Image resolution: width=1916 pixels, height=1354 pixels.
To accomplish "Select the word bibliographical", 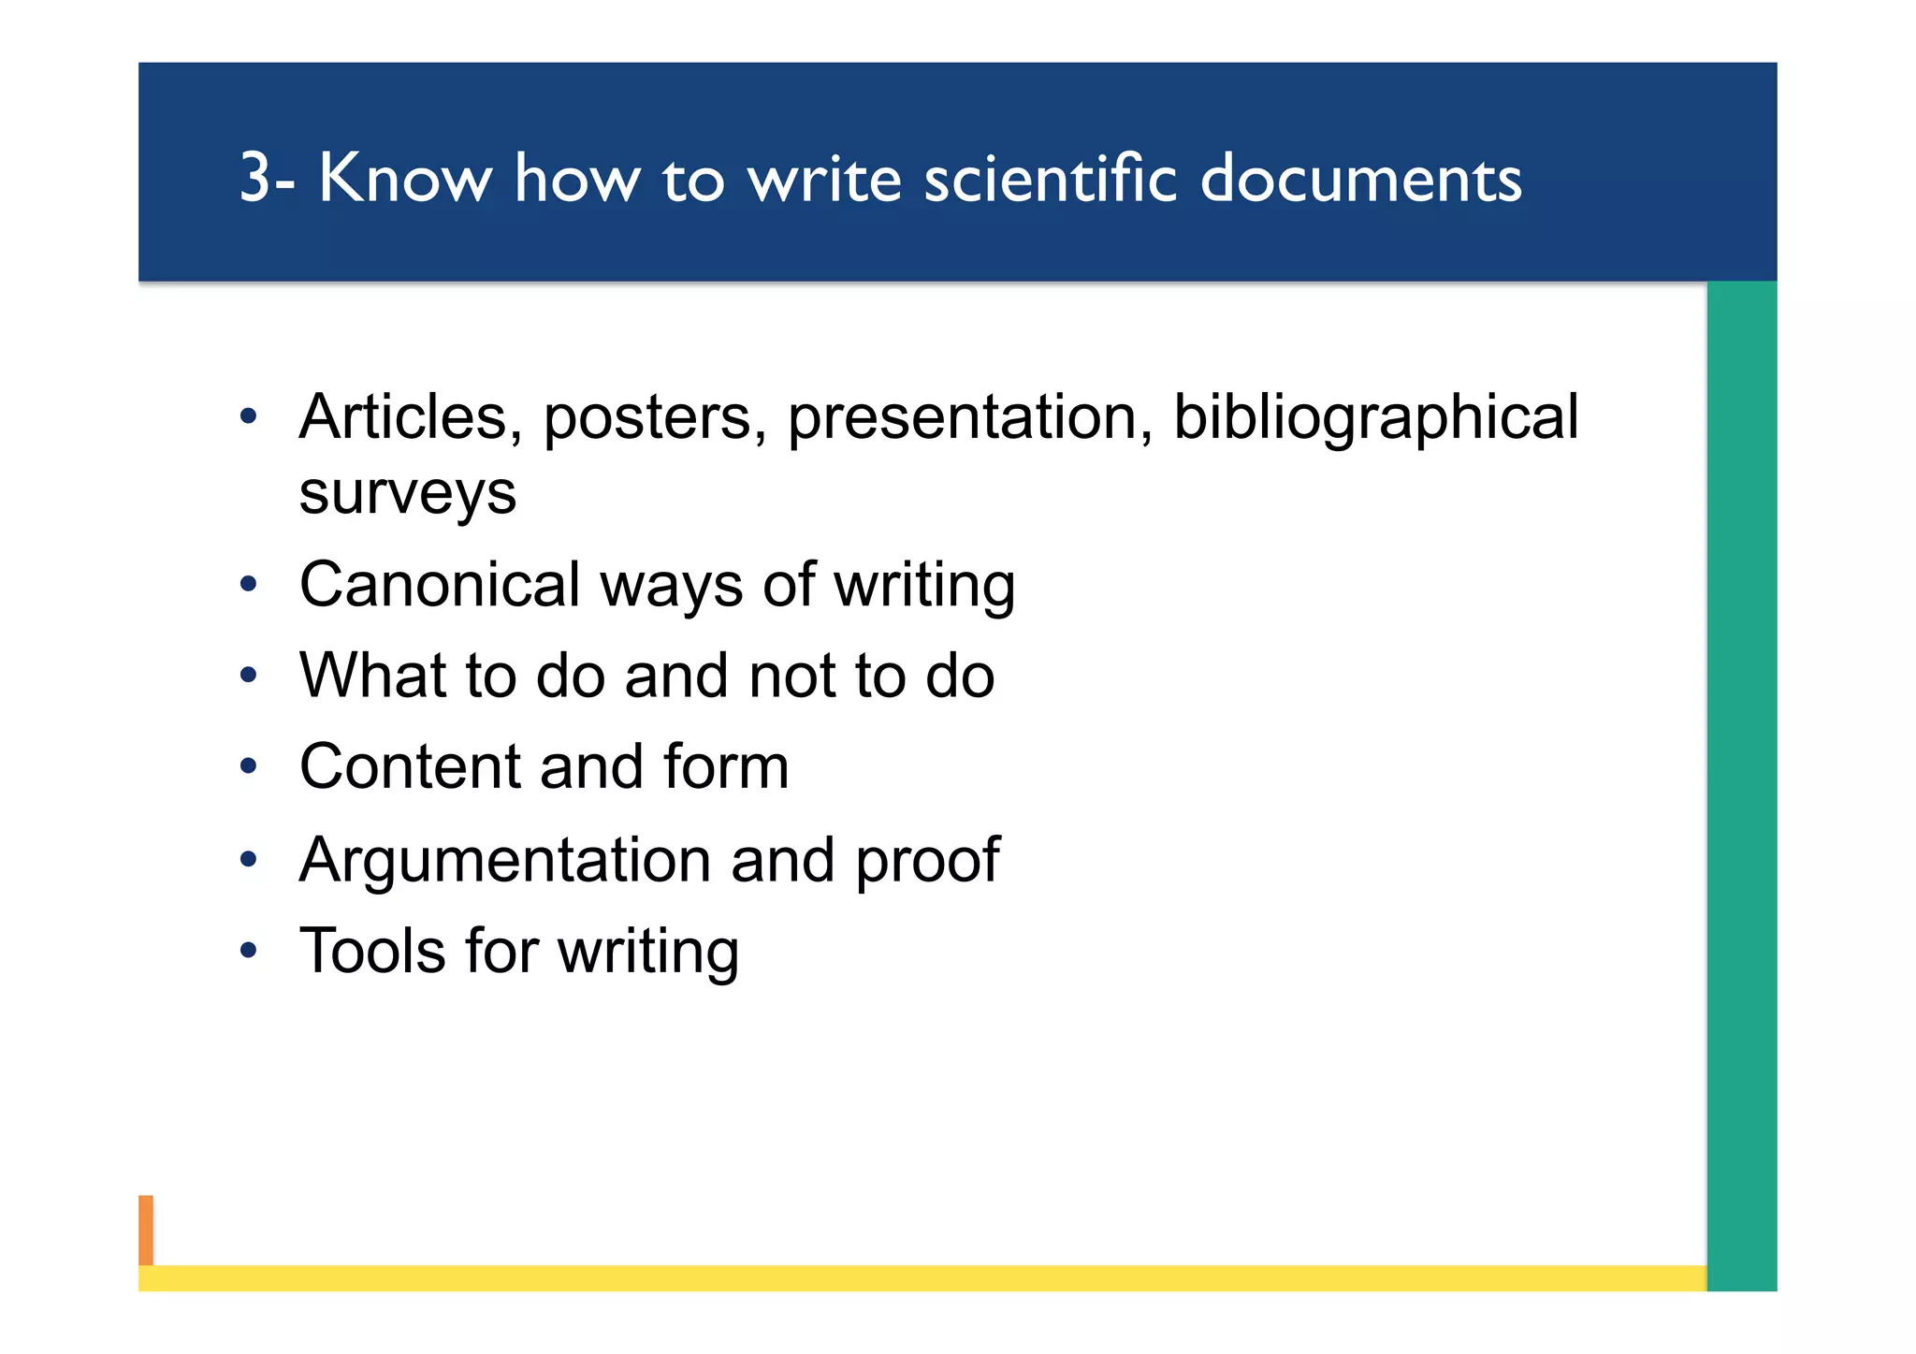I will [1375, 418].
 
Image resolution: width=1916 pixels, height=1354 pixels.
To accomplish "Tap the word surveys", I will [407, 493].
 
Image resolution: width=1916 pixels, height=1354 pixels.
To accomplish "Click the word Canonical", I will [440, 585].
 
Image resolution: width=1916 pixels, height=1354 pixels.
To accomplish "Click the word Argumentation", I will [505, 861].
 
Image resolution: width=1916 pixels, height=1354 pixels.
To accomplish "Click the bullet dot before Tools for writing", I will [248, 952].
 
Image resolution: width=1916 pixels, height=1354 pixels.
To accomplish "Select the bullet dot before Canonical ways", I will [248, 586].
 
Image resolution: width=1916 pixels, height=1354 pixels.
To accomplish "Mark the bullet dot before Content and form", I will [248, 767].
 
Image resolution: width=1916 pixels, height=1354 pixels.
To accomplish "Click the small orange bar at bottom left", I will [146, 1230].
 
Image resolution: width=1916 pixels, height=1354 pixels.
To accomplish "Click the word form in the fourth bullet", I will [726, 767].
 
